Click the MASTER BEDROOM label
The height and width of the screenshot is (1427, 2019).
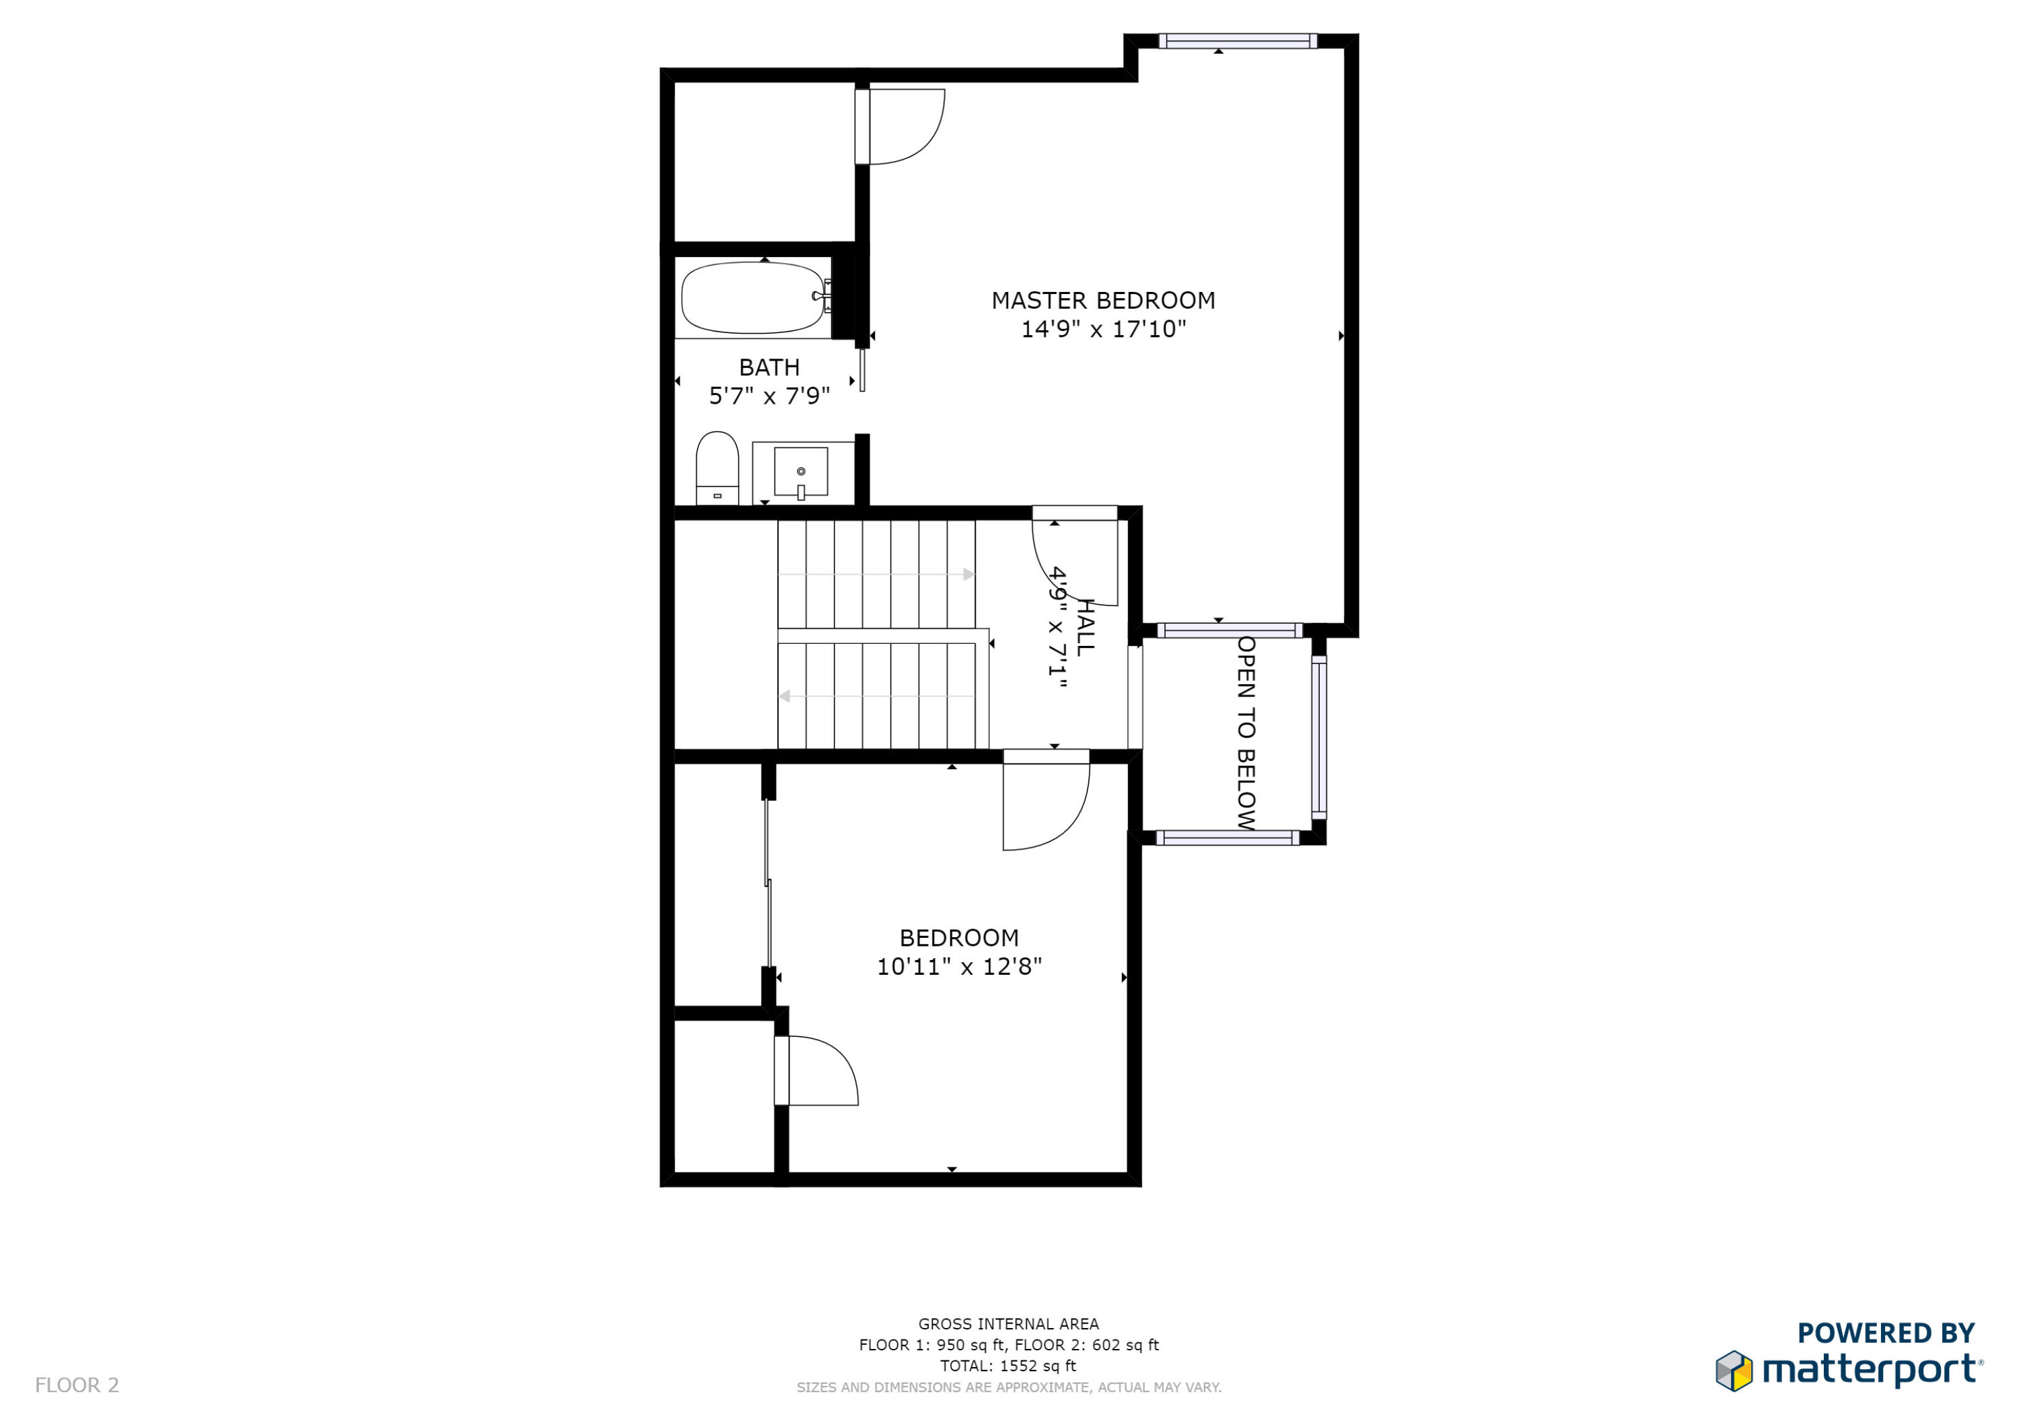point(1103,301)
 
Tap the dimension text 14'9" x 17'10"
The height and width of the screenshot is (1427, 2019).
point(1103,330)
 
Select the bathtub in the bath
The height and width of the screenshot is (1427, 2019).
point(752,298)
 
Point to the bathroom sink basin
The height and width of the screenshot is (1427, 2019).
point(800,472)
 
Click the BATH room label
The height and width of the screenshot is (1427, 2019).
point(769,367)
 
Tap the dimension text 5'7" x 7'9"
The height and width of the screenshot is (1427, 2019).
point(769,396)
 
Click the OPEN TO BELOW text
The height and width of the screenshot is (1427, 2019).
point(1246,733)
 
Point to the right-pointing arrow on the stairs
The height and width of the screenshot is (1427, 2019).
point(968,574)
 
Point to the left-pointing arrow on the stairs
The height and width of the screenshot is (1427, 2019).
point(785,696)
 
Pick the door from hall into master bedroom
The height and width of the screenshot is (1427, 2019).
point(1075,558)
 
